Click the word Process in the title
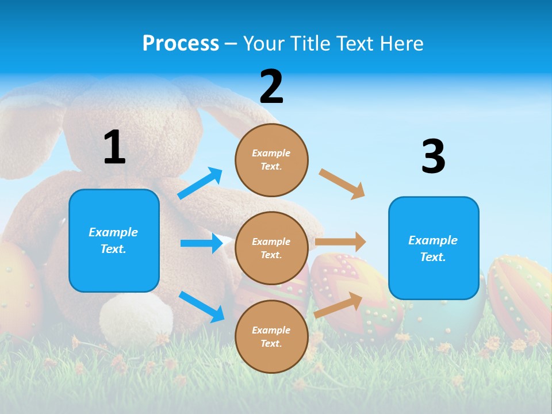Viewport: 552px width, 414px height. [181, 44]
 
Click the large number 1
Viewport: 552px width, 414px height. [114, 147]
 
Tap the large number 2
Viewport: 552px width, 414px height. [271, 87]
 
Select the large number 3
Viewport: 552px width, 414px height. [433, 157]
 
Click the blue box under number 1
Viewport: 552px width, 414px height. [114, 240]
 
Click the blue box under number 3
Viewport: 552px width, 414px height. [434, 248]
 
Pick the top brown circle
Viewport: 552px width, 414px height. [271, 160]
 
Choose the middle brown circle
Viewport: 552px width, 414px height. [271, 248]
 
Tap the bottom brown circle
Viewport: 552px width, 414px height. [271, 336]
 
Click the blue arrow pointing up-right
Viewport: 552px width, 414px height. [200, 183]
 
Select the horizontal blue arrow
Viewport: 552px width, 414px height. [201, 243]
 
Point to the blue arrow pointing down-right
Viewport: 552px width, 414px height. [201, 306]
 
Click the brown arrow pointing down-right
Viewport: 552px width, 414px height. [342, 184]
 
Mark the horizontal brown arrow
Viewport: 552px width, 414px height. [340, 242]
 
